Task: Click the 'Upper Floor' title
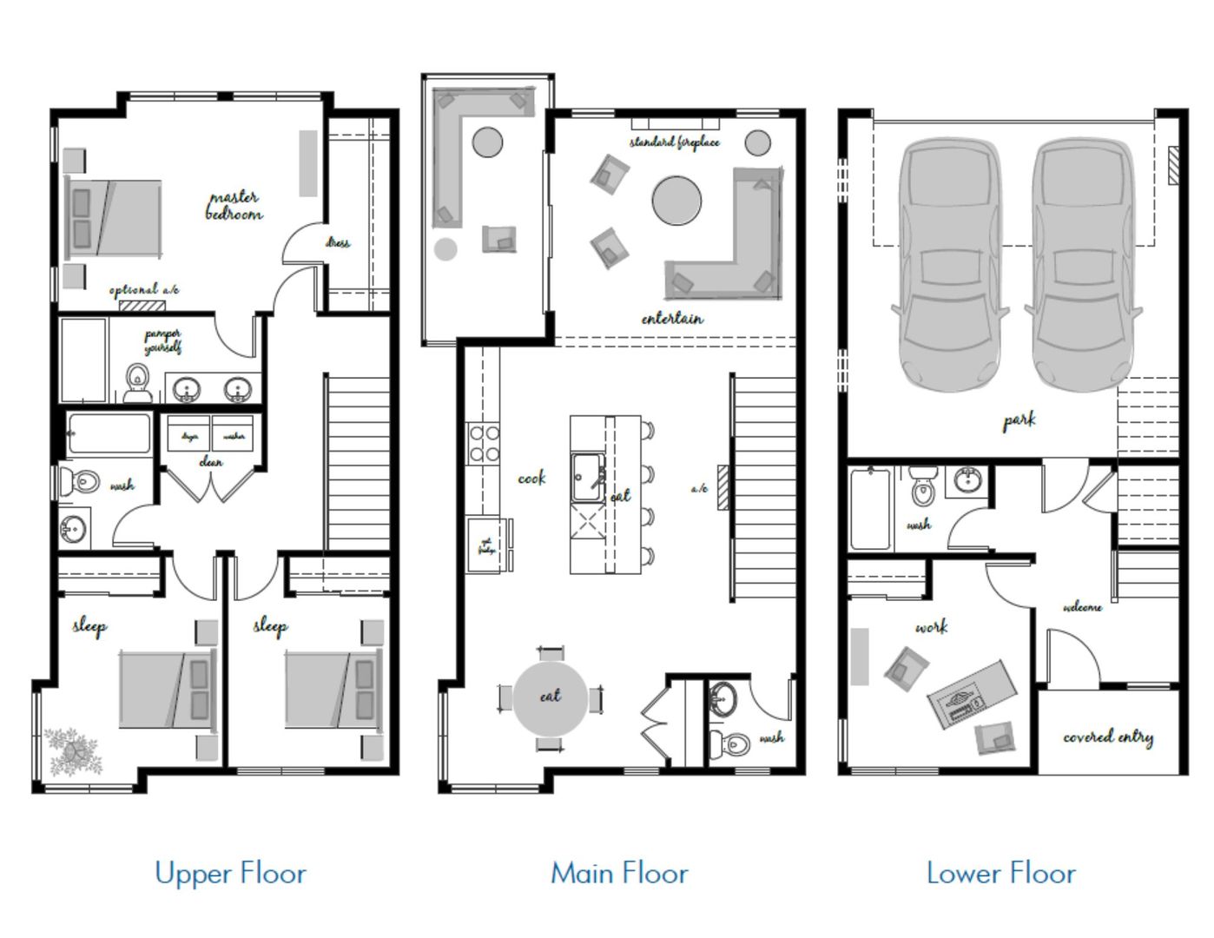(x=230, y=873)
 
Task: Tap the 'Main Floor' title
(x=619, y=873)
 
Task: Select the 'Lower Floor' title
(x=1000, y=873)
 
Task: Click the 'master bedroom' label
(x=234, y=206)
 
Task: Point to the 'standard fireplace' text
(x=674, y=142)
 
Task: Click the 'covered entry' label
(x=1108, y=737)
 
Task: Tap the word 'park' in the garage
(x=1019, y=421)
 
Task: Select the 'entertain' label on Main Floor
(x=672, y=319)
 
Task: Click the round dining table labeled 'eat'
(x=550, y=697)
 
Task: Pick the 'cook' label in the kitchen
(x=531, y=478)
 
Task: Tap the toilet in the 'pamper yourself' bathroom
(x=136, y=383)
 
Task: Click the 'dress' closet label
(x=338, y=242)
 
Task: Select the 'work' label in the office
(x=931, y=626)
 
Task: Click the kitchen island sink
(x=589, y=477)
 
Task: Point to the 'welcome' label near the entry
(x=1082, y=607)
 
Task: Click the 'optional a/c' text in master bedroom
(x=144, y=289)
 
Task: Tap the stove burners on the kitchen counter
(x=484, y=443)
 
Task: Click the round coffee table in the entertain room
(x=676, y=201)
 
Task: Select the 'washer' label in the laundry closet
(x=234, y=436)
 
